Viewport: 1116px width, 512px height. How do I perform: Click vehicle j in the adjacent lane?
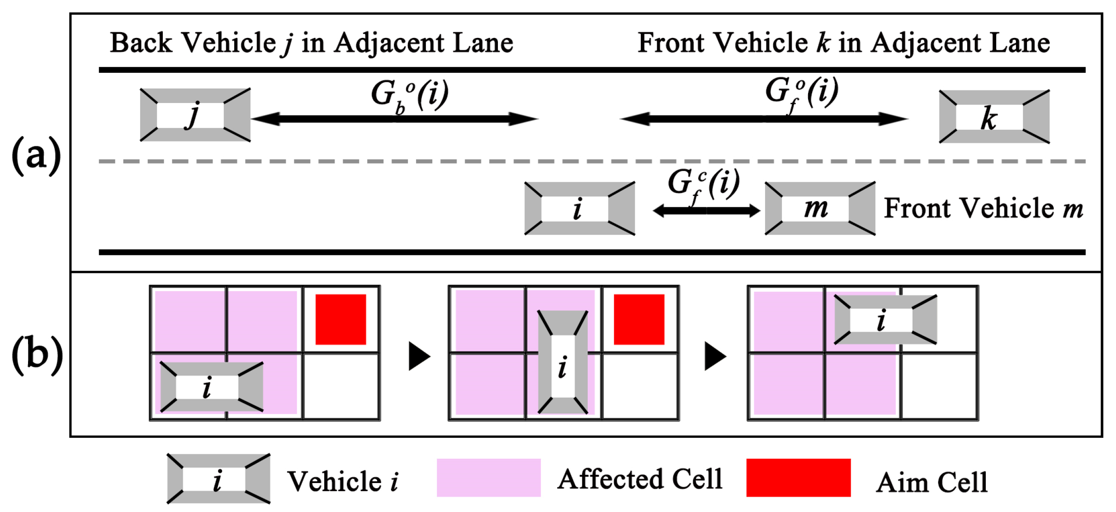(x=195, y=115)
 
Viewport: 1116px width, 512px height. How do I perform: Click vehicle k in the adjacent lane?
(x=994, y=117)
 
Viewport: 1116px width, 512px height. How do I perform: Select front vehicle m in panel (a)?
(x=819, y=208)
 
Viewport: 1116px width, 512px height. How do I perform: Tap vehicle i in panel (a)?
(x=579, y=208)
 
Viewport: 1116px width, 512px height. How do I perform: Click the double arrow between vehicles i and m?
(x=706, y=211)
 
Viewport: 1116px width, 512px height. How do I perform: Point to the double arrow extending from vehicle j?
(x=394, y=119)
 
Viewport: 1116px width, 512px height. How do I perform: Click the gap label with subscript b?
(x=409, y=95)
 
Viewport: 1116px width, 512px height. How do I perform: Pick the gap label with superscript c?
(x=703, y=185)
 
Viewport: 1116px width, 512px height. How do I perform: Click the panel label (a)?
(x=36, y=156)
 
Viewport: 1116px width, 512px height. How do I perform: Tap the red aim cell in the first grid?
(x=340, y=319)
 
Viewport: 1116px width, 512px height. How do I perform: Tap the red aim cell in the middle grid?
(x=638, y=319)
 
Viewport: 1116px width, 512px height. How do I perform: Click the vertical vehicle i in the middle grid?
(x=563, y=362)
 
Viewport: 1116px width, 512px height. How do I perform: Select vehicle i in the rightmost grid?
(x=885, y=320)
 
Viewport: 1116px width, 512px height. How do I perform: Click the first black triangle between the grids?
(x=418, y=356)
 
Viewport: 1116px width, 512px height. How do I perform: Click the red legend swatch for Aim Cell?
(x=798, y=478)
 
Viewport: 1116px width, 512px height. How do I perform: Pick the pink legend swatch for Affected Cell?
(x=488, y=478)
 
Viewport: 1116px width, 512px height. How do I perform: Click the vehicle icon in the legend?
(x=218, y=479)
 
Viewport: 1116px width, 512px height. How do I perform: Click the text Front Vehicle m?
(x=983, y=208)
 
